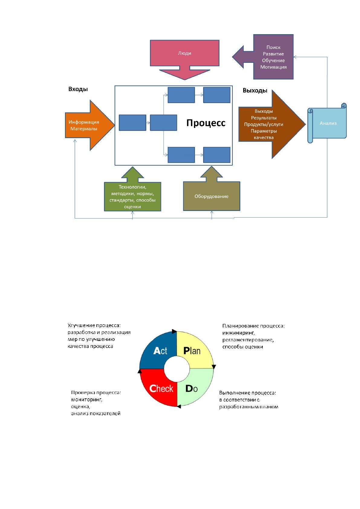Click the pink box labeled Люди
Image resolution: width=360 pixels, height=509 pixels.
185,53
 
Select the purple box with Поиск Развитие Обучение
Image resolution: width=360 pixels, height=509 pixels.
273,57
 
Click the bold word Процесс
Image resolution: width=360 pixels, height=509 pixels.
206,123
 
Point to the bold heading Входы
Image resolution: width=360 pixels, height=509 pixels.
78,89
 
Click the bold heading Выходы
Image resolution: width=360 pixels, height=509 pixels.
255,91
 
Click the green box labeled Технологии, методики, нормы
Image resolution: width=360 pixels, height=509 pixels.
132,196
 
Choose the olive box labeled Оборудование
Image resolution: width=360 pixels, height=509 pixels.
212,196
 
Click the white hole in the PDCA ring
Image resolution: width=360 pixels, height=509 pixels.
177,369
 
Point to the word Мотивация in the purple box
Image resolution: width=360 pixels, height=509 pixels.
274,67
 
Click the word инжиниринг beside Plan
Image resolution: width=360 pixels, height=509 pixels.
238,333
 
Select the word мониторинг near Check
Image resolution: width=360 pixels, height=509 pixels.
86,400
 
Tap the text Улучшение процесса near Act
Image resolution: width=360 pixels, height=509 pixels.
94,326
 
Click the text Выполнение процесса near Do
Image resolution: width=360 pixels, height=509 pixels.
248,393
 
